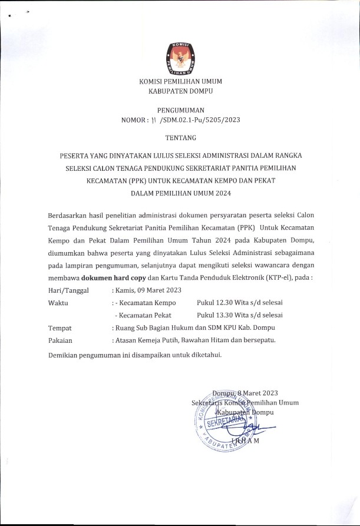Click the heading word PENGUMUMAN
pos(180,110)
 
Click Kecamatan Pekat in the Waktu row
pos(143,315)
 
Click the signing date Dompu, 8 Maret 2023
pos(245,393)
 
